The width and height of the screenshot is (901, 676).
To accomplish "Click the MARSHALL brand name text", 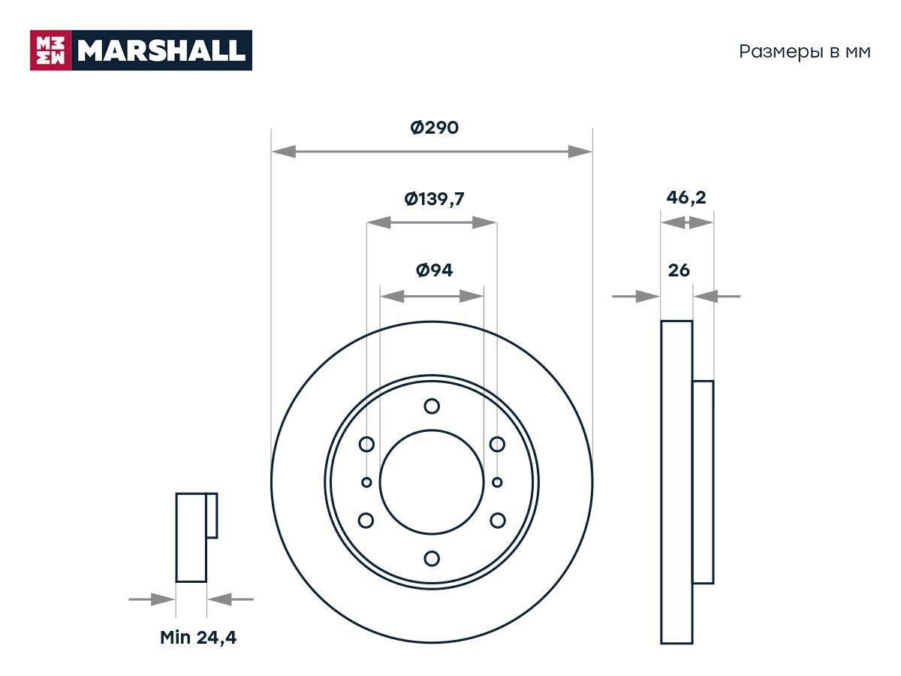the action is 161,50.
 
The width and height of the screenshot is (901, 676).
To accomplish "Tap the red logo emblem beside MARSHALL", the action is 50,50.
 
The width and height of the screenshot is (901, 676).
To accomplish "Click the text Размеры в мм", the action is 805,52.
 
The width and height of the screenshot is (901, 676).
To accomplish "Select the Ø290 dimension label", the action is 434,128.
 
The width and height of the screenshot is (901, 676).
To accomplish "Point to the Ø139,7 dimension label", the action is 434,199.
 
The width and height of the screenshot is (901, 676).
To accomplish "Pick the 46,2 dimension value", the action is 686,198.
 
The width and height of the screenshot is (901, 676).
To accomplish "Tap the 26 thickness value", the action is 679,270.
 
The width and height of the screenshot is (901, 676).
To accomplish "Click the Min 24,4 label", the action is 198,638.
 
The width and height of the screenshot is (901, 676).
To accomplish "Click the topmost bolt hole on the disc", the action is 432,406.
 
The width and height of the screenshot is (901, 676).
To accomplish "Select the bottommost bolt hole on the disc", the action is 432,558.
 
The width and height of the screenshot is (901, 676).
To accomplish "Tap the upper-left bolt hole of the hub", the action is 366,445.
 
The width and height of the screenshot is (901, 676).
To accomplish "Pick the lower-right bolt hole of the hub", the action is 497,520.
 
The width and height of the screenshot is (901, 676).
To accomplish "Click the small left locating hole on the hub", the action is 366,482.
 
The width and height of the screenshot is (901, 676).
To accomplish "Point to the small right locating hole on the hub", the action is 497,482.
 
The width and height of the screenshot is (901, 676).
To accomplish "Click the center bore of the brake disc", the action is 432,482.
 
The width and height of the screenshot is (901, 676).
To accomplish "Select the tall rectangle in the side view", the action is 677,482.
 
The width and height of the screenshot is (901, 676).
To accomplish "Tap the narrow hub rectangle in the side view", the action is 703,482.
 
